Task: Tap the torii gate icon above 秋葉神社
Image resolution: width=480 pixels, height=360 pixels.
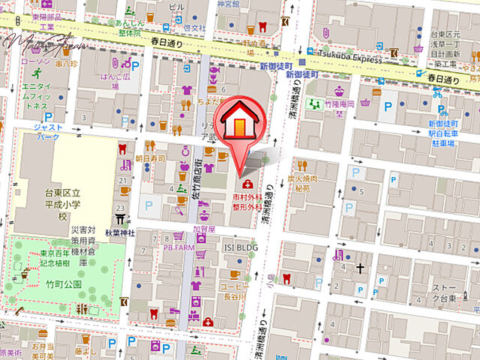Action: click(x=118, y=220)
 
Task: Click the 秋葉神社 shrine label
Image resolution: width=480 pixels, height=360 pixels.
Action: click(x=119, y=232)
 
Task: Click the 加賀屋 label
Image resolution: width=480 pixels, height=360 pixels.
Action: click(x=204, y=228)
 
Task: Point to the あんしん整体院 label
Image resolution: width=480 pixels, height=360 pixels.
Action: click(x=130, y=28)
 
